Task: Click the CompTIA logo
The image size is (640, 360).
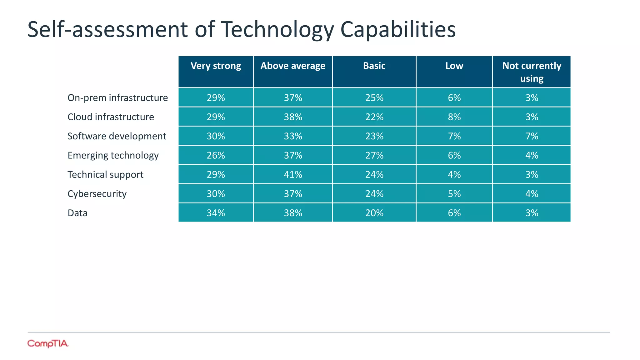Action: pyautogui.click(x=47, y=343)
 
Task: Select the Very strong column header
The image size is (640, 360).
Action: pyautogui.click(x=216, y=66)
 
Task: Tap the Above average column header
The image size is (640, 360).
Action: pyautogui.click(x=293, y=66)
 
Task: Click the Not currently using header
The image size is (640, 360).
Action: pyautogui.click(x=532, y=72)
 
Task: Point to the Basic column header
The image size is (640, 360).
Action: pyautogui.click(x=374, y=66)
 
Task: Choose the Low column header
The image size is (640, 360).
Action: pyautogui.click(x=454, y=66)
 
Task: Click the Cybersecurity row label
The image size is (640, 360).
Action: pyautogui.click(x=97, y=194)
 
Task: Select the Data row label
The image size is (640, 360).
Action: pyautogui.click(x=77, y=213)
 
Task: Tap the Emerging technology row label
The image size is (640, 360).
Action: pyautogui.click(x=113, y=155)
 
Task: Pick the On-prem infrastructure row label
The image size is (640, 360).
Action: pyautogui.click(x=117, y=98)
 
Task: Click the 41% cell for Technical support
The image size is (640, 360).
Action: pyautogui.click(x=293, y=174)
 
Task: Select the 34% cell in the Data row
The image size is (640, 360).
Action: pyautogui.click(x=216, y=213)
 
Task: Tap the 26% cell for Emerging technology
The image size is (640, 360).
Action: pyautogui.click(x=216, y=155)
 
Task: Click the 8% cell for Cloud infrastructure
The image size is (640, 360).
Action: pyautogui.click(x=454, y=117)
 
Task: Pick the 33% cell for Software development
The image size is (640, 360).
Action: pyautogui.click(x=293, y=136)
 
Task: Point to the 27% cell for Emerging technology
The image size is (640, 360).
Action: pyautogui.click(x=374, y=155)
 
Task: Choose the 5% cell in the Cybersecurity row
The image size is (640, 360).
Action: pyautogui.click(x=454, y=194)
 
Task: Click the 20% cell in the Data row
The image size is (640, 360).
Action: pyautogui.click(x=374, y=213)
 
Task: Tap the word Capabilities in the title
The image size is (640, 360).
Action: pyautogui.click(x=398, y=30)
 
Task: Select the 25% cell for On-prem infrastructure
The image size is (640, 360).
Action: pyautogui.click(x=374, y=98)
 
